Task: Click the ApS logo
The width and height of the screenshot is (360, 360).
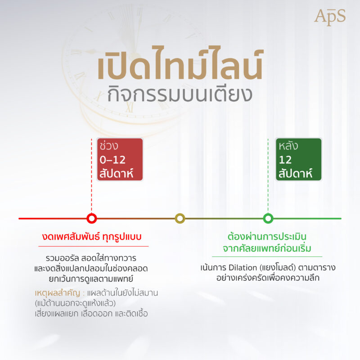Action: click(330, 17)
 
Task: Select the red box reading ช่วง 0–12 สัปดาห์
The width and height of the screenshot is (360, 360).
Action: click(120, 160)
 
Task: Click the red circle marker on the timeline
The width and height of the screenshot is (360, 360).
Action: click(92, 219)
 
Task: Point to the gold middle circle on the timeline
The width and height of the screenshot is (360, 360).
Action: click(180, 219)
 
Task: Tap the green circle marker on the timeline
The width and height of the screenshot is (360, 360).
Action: click(268, 219)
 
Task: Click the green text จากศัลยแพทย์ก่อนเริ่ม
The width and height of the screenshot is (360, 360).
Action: click(268, 248)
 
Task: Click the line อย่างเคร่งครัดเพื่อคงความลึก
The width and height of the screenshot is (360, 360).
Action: click(268, 278)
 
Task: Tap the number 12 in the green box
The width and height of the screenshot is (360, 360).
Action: click(285, 160)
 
